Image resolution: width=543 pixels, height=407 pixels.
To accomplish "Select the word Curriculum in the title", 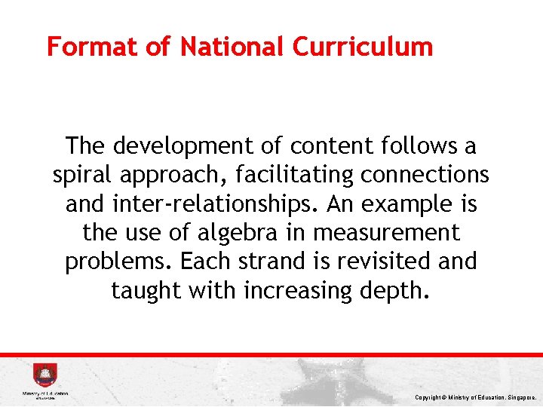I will [363, 47].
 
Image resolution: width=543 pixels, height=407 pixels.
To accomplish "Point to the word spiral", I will [80, 176].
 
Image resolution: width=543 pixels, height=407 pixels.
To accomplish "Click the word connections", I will [425, 176].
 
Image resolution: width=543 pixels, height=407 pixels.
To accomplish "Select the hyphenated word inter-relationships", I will [222, 204].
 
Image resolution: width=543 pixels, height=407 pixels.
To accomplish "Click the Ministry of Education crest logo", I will [44, 375].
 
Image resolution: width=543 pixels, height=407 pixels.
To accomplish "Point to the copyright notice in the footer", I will [475, 396].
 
